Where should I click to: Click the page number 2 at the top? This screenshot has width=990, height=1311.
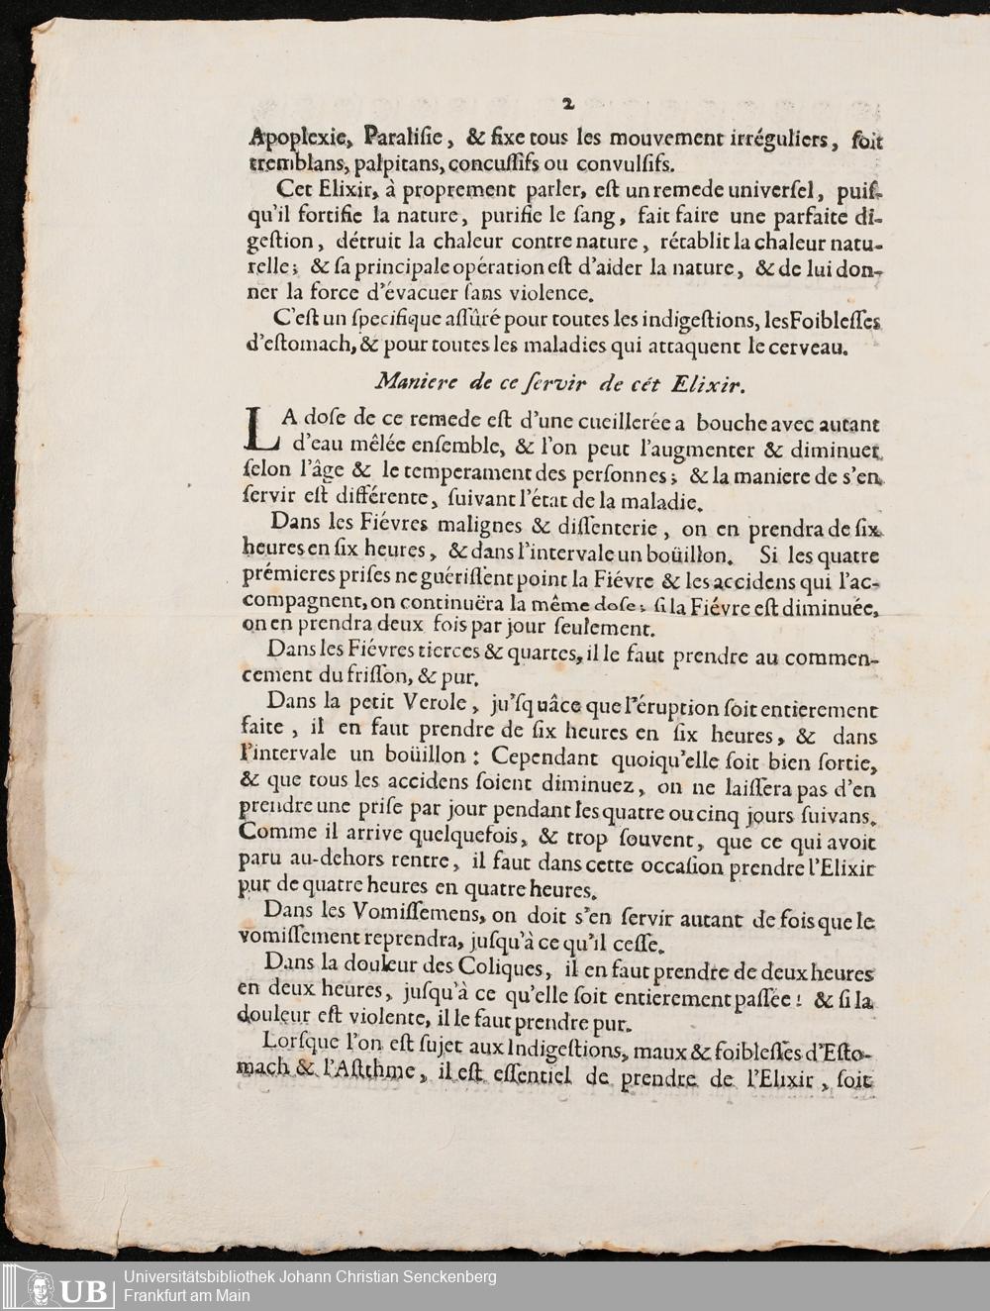point(567,102)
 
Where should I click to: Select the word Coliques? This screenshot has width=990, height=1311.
point(501,964)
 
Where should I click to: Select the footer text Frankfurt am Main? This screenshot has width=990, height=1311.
point(187,1294)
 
